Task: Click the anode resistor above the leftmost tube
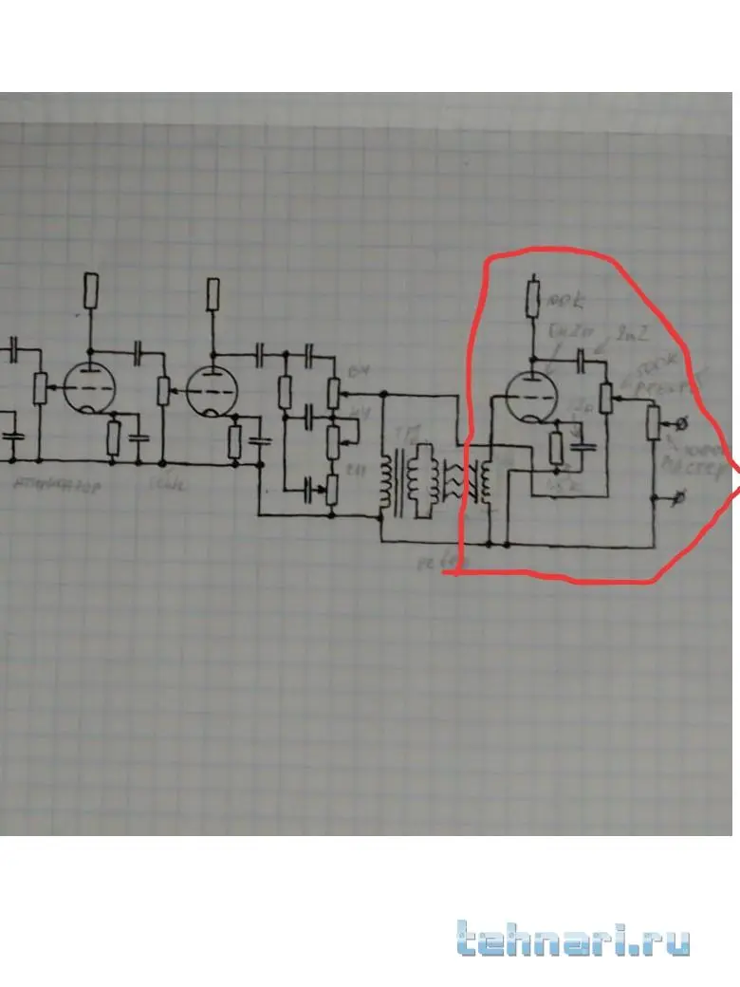[90, 289]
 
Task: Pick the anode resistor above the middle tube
[213, 294]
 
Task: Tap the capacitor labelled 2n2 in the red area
[583, 357]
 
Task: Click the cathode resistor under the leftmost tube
[113, 437]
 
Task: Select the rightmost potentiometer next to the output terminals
[652, 422]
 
